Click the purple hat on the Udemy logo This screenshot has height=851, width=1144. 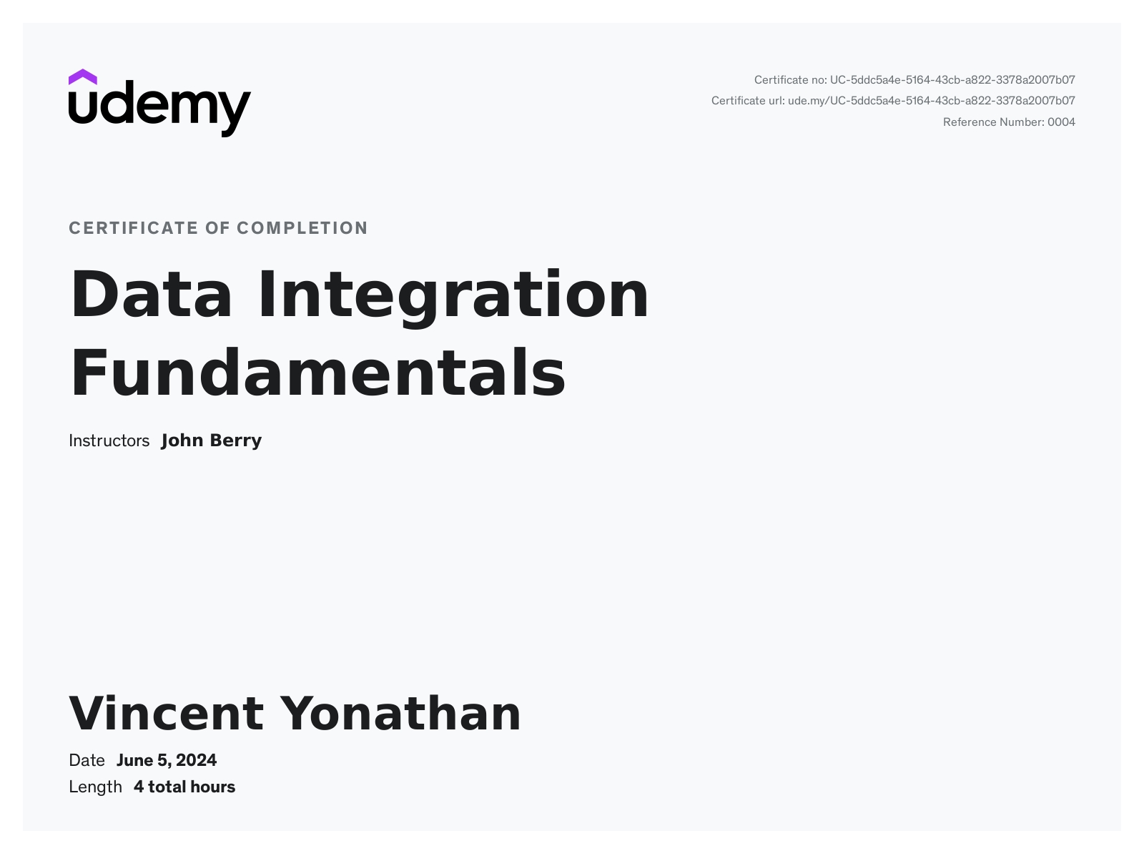82,77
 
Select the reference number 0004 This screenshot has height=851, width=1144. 1061,122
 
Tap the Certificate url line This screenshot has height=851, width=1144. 893,101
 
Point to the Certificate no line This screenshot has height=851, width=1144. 914,80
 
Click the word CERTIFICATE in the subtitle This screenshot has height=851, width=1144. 134,228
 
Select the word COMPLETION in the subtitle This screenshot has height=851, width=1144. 302,228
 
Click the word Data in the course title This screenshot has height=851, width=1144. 151,294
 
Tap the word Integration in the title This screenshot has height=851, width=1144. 453,297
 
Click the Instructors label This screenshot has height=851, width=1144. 109,441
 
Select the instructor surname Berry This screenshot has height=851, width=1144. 236,441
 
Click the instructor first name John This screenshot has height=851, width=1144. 182,441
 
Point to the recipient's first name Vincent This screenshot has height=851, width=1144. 166,714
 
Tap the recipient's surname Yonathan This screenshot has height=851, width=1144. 400,714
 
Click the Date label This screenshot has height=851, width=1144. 87,760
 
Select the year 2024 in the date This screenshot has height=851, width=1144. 196,760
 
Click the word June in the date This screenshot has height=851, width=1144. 134,760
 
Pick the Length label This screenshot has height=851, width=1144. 95,787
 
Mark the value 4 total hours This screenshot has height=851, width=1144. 184,787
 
